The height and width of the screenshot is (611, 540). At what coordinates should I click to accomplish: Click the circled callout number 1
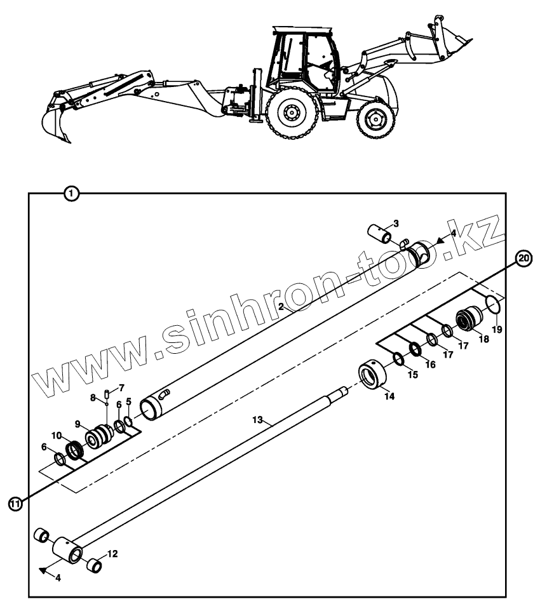pos(72,192)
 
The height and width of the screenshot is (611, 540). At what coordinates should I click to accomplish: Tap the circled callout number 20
pos(523,258)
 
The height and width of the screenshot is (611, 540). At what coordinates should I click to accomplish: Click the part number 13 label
pos(257,420)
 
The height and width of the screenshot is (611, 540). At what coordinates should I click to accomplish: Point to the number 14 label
pos(389,396)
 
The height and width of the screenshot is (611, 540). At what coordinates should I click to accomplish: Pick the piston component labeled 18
pos(469,319)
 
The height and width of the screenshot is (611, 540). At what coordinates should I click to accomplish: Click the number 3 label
pos(395,223)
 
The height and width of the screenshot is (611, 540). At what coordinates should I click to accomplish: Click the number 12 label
pos(112,554)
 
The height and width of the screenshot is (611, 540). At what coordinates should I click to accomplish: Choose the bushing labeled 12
pos(94,564)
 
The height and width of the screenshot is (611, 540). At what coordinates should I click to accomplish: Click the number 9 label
pos(78,424)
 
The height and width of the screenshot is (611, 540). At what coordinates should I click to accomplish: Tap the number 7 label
pos(121,387)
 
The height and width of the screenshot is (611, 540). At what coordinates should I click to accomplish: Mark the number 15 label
pos(412,375)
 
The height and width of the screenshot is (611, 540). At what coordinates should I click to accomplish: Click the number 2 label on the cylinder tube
pos(281,306)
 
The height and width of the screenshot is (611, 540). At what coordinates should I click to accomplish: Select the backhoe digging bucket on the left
pos(56,123)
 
